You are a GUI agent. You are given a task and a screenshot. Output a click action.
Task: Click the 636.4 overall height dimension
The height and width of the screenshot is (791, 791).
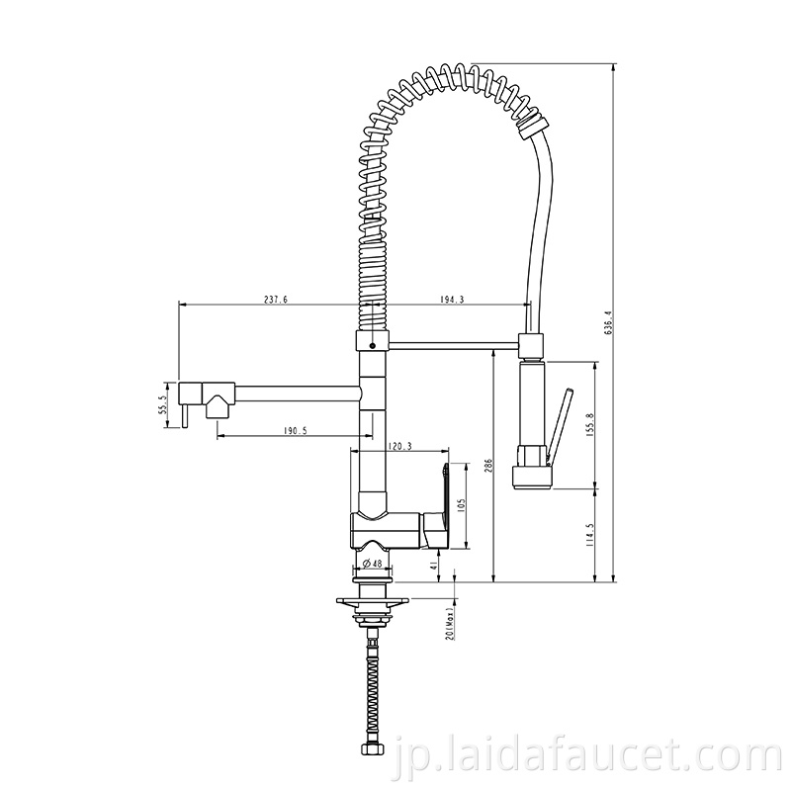[608, 322]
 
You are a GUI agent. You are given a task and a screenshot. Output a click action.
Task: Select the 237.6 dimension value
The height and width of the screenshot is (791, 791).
[276, 300]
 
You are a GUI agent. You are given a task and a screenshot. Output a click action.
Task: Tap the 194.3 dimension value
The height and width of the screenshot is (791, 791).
[452, 300]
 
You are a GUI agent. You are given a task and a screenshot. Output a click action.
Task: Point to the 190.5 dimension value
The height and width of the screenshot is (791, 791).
[295, 430]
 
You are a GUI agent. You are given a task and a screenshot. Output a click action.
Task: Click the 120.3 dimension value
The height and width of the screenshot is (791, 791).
[400, 446]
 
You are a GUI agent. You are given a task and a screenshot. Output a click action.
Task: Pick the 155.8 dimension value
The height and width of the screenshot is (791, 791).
[591, 424]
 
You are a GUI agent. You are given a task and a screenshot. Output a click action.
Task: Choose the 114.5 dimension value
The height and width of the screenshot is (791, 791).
[591, 535]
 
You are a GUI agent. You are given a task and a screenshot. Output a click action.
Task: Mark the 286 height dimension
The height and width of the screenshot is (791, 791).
[487, 465]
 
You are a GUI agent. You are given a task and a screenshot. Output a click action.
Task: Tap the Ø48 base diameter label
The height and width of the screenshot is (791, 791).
[373, 564]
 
